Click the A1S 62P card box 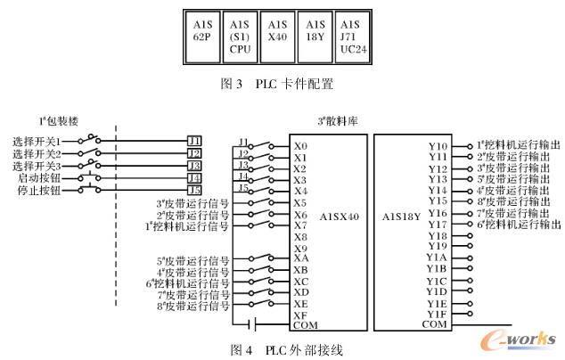201,35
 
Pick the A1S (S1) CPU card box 240,35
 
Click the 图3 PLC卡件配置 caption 282,85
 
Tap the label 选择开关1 36,141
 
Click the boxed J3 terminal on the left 194,165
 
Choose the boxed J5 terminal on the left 194,189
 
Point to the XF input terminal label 300,314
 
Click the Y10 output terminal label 438,145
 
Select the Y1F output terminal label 437,313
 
